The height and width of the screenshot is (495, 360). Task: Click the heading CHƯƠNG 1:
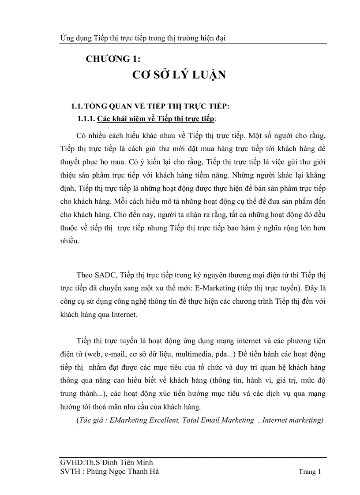113,59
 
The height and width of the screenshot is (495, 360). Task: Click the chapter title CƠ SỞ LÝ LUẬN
179,75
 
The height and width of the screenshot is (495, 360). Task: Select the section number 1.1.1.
86,119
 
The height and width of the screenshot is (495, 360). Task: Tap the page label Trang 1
310,472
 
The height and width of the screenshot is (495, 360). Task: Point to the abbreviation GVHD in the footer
70,462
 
